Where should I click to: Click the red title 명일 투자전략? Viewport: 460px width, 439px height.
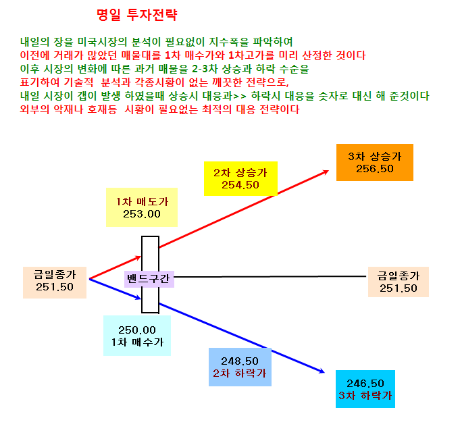point(137,15)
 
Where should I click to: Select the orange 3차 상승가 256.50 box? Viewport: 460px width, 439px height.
point(375,162)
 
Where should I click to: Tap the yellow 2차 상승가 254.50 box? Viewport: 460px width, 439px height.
point(240,178)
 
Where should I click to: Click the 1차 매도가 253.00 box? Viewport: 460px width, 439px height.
point(142,207)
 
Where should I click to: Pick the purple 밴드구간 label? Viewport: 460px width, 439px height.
point(149,279)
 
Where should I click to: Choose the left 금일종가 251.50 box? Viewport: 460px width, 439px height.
point(55,282)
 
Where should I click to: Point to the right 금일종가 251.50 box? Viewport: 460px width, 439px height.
point(399,282)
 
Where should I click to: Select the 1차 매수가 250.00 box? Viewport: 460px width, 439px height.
point(137,336)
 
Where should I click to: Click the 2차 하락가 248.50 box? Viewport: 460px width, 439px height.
point(240,367)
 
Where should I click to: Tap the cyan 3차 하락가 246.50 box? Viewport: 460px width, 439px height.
point(365,389)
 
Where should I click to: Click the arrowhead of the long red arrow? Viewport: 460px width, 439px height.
point(326,172)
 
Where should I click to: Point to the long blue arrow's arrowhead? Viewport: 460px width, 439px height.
point(322,371)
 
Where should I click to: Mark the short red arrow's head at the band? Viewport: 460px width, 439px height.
point(138,258)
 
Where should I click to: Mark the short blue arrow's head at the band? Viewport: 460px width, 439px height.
point(138,298)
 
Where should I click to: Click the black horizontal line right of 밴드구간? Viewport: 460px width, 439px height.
point(270,276)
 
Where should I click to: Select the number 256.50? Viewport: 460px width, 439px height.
point(375,169)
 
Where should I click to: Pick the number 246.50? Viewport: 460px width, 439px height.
point(365,384)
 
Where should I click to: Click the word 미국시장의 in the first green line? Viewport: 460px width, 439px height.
point(102,42)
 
